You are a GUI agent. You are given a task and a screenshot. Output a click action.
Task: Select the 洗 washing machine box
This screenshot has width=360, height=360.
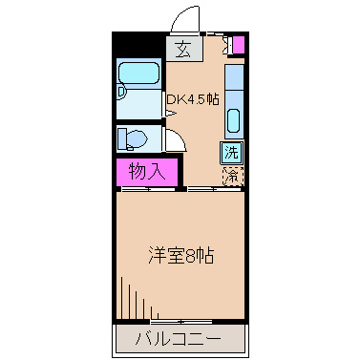[232, 152]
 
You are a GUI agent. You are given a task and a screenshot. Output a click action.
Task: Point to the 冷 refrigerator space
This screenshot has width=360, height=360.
[232, 175]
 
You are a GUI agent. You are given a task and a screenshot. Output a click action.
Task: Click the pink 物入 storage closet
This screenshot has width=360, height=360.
[147, 173]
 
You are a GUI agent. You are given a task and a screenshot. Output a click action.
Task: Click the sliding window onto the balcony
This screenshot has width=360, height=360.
[181, 318]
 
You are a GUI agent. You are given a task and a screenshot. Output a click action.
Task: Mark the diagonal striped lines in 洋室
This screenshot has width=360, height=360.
[134, 296]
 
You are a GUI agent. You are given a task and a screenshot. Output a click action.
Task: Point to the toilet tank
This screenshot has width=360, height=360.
[122, 139]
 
